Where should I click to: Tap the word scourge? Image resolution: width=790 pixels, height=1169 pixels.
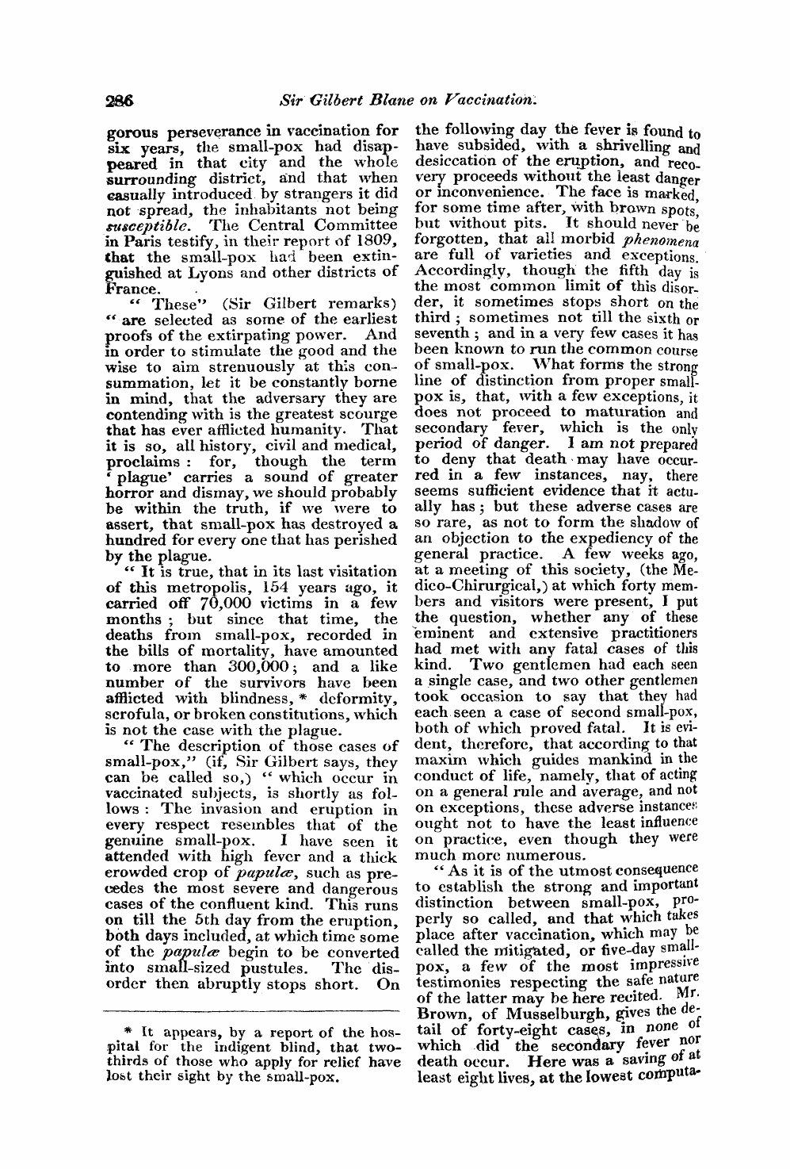pyautogui.click(x=368, y=413)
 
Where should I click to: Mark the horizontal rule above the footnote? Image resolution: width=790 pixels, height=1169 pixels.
pyautogui.click(x=253, y=1010)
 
